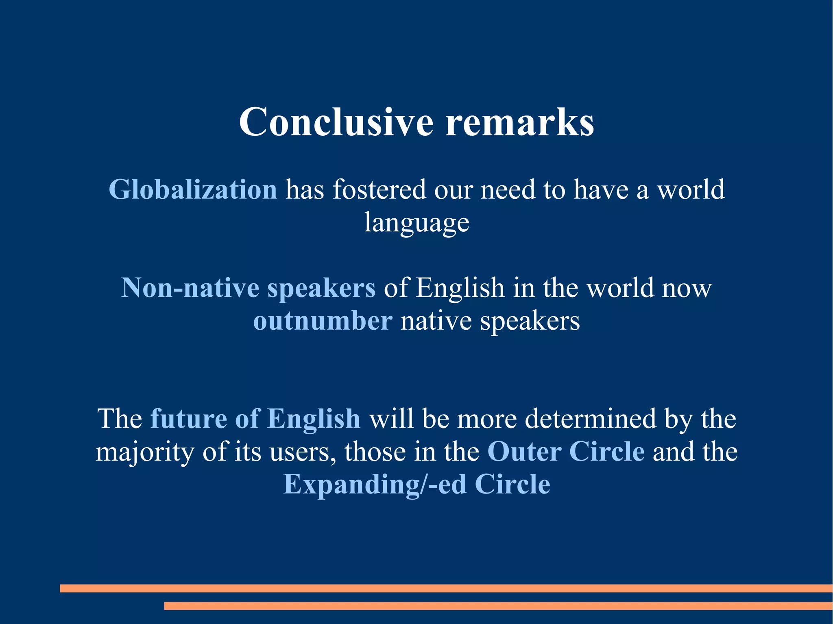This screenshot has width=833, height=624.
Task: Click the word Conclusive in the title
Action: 336,122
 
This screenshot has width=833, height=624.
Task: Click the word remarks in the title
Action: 519,122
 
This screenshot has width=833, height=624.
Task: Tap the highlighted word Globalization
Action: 193,190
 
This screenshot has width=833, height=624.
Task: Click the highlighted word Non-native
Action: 190,288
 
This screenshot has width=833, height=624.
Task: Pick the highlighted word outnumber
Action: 323,321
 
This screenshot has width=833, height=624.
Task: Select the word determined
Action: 590,419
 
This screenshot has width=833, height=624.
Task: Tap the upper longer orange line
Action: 446,588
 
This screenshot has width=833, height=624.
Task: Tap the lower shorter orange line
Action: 498,606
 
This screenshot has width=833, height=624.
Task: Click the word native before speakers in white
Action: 436,321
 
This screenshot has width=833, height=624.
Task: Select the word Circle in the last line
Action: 512,485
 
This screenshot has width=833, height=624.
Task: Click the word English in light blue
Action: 314,419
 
